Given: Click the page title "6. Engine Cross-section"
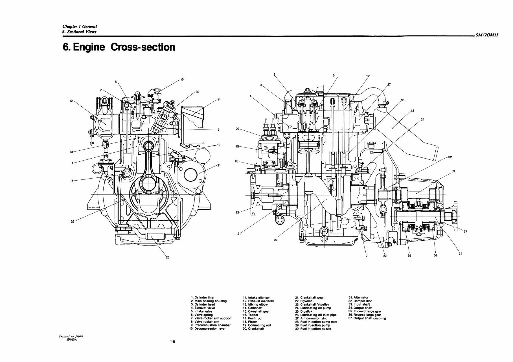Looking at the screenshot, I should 119,47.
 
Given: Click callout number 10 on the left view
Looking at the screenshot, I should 182,80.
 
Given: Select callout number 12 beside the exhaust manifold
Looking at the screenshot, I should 71,100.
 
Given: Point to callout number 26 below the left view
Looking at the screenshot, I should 167,257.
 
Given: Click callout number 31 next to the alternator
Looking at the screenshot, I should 219,165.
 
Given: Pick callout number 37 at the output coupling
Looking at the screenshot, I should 465,232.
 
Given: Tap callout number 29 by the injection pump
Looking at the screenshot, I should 237,129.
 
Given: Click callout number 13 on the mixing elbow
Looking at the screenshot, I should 412,111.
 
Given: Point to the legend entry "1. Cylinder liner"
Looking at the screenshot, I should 203,297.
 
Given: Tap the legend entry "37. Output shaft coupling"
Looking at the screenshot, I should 367,318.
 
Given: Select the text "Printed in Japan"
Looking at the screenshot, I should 71,336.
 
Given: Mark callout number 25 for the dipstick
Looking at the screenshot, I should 72,221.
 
